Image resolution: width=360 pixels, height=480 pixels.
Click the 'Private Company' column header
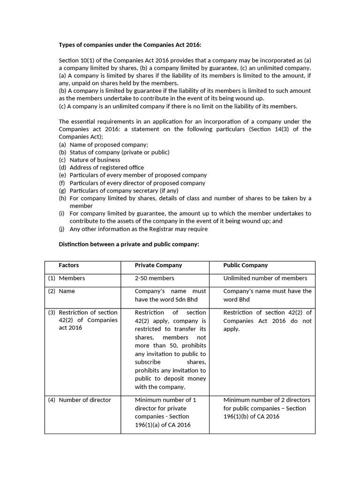pyautogui.click(x=158, y=265)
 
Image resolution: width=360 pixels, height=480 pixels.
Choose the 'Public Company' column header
pyautogui.click(x=246, y=265)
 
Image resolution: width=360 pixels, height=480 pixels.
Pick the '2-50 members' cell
pyautogui.click(x=154, y=278)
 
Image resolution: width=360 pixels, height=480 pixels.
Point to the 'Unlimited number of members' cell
pyautogui.click(x=265, y=278)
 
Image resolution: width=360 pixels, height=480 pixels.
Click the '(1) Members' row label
pyautogui.click(x=67, y=278)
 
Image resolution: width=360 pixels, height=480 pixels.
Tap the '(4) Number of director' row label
pyautogui.click(x=80, y=400)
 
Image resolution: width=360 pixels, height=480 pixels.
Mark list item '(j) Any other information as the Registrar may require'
pyautogui.click(x=133, y=229)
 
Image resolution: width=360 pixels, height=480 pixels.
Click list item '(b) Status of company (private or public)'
pyautogui.click(x=114, y=152)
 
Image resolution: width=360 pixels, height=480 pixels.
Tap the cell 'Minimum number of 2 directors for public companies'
pyautogui.click(x=267, y=408)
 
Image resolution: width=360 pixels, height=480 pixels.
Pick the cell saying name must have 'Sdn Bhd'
pyautogui.click(x=170, y=295)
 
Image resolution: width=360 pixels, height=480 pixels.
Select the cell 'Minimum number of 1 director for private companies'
pyautogui.click(x=165, y=412)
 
